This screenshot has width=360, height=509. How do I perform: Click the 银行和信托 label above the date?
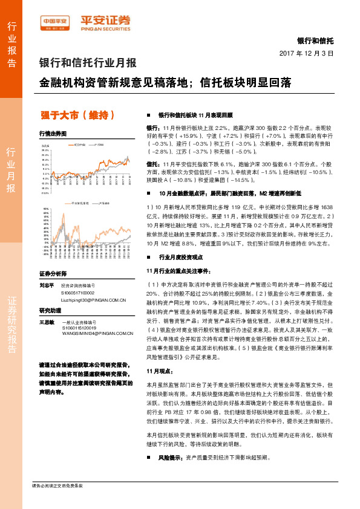(x=315, y=41)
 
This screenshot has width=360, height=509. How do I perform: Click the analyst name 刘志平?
(x=47, y=285)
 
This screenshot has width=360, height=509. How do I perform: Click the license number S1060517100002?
(x=79, y=292)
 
